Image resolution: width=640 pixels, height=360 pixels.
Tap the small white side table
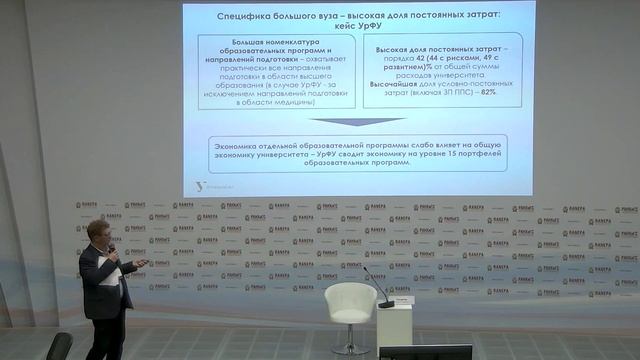point(394,325)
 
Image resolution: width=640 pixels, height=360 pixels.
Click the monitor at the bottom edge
point(425,352)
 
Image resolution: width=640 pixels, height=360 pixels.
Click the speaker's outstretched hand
point(141,264)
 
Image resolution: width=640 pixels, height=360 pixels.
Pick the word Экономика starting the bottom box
point(240,143)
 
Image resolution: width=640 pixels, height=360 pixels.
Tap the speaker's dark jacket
point(100,285)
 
